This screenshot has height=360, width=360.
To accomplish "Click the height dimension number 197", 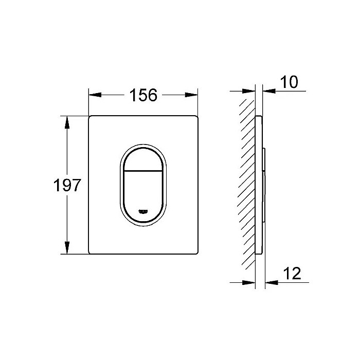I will (x=68, y=185).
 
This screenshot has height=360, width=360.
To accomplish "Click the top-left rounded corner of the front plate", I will (x=91, y=118).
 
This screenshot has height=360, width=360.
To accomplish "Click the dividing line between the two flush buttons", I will (x=143, y=170).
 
